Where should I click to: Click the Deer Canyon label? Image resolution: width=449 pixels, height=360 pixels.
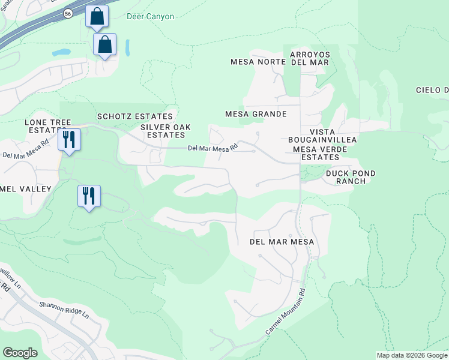coord(151,16)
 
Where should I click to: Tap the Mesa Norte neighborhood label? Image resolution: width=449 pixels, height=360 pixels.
coord(255,62)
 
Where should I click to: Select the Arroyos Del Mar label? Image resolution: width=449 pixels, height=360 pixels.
coord(310,58)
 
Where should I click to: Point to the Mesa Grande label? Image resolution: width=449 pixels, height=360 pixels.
coord(255,113)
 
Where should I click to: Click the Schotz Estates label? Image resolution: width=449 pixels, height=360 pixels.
coord(135,116)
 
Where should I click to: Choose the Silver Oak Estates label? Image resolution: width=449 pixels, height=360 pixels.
coord(162,131)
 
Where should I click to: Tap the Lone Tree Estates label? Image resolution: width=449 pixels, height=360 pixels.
coord(43,126)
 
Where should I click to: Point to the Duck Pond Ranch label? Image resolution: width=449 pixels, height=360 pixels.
coord(351,177)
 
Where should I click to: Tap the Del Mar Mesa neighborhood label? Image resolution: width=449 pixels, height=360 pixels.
coord(282,241)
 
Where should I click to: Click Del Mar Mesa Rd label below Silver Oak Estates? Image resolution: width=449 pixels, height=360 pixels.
coord(212,147)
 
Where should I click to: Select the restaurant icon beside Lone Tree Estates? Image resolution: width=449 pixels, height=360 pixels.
coord(69,139)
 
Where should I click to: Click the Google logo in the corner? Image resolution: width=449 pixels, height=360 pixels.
coord(20,353)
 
